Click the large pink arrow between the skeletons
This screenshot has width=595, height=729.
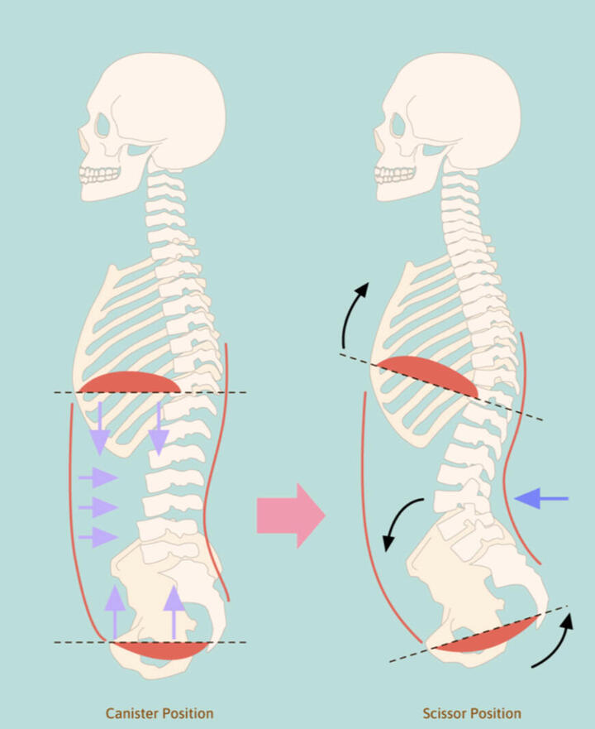tap(291, 516)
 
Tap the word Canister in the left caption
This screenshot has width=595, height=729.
tap(131, 713)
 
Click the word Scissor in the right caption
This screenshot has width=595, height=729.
tap(444, 713)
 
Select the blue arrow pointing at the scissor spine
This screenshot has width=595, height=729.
tap(541, 498)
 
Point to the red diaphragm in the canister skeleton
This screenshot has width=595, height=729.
tap(129, 382)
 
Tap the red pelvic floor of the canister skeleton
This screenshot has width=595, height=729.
tap(159, 650)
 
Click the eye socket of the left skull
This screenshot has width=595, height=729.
tap(102, 125)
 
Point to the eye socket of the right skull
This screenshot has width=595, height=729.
tap(398, 125)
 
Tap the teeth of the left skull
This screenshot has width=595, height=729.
tap(99, 175)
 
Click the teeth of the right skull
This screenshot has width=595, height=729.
tap(394, 175)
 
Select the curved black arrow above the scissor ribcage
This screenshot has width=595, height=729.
tap(354, 314)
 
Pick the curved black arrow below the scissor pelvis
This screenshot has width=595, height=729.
tap(554, 641)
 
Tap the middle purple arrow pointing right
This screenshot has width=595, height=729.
tap(98, 507)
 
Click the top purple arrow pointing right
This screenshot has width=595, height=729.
tap(98, 477)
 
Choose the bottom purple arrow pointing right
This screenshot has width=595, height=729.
tap(98, 537)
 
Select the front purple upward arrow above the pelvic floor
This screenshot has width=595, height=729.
tap(115, 612)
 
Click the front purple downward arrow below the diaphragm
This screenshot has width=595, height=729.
tap(100, 429)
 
